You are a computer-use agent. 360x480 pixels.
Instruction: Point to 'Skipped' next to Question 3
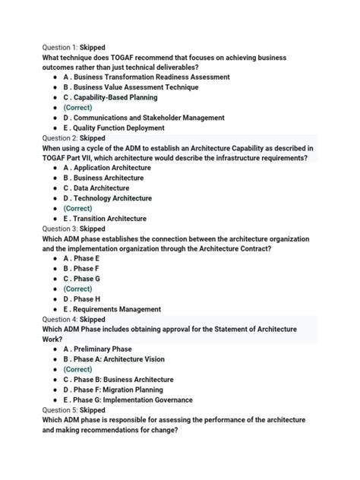coord(93,228)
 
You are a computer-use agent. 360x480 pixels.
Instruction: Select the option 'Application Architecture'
coord(107,167)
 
